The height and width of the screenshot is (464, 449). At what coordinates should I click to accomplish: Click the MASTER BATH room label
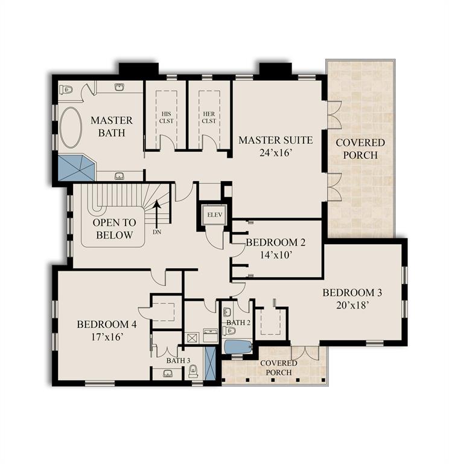(x=112, y=126)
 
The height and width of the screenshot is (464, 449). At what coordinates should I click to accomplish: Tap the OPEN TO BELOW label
(x=114, y=228)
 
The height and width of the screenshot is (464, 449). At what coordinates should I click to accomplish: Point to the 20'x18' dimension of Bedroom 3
(x=352, y=306)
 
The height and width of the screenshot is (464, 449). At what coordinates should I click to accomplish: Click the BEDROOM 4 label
(x=107, y=324)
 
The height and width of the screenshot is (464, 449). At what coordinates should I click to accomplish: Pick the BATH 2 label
(x=238, y=323)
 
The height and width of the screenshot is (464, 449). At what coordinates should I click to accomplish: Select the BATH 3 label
(x=178, y=361)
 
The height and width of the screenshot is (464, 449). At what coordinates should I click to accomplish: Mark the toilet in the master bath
(x=66, y=90)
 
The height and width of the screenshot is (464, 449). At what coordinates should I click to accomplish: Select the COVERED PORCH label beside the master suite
(x=360, y=149)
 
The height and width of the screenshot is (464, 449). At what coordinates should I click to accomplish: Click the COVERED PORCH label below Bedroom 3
(x=278, y=367)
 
